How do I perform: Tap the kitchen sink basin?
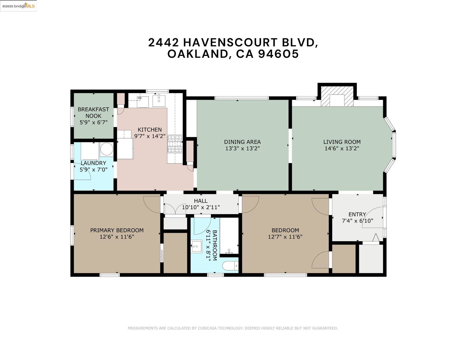click(x=159, y=101)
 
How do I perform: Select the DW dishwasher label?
click(x=140, y=98)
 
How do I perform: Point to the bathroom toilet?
click(x=230, y=266)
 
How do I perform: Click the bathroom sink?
click(x=197, y=247)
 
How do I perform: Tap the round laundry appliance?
click(x=107, y=149)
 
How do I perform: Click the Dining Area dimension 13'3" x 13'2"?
click(x=242, y=148)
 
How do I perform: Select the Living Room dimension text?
click(x=342, y=148)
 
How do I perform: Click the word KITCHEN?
click(x=150, y=130)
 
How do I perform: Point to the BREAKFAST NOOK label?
click(x=93, y=112)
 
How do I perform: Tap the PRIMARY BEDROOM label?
click(x=117, y=230)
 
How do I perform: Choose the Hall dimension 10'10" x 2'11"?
click(x=201, y=207)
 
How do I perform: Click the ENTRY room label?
click(x=357, y=214)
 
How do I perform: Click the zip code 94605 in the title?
click(x=278, y=54)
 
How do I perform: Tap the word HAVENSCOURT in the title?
click(x=230, y=42)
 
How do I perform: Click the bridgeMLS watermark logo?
click(x=18, y=6)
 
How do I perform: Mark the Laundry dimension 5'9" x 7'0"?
click(x=93, y=170)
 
